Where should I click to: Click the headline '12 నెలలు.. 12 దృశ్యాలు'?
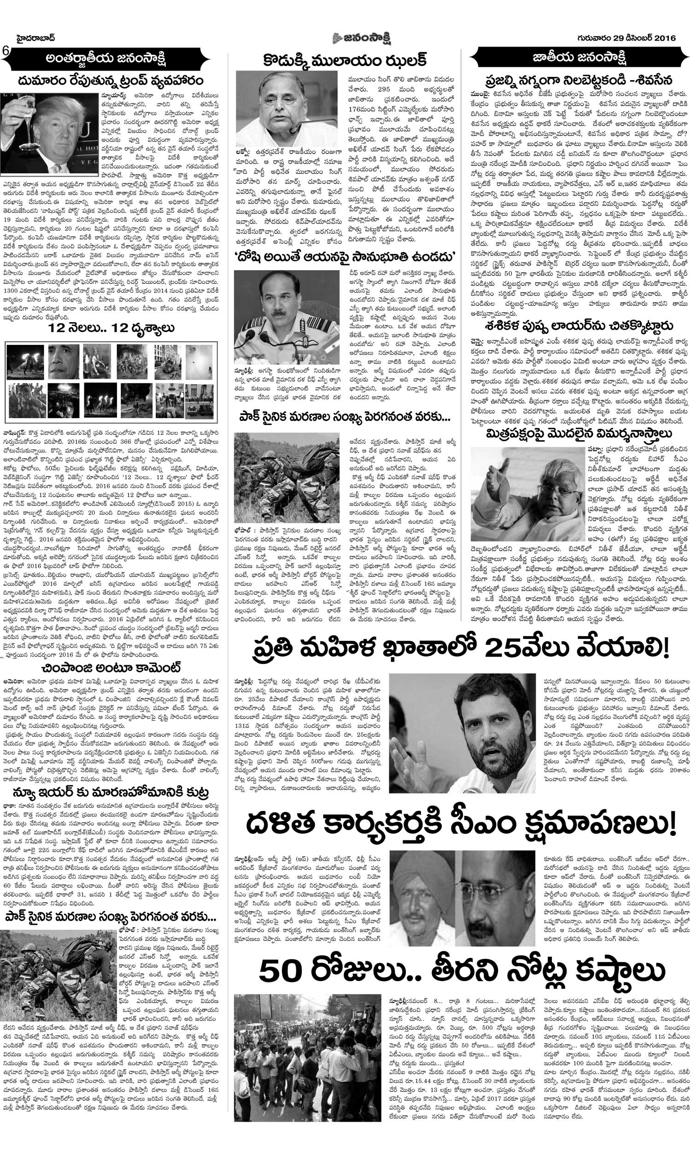(111, 328)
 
